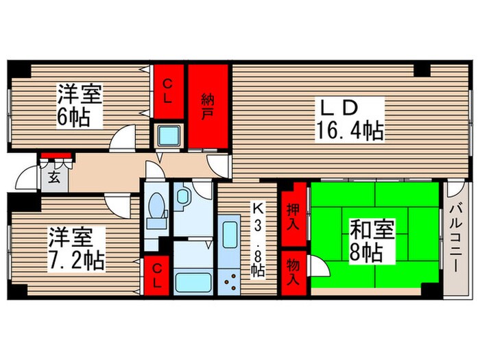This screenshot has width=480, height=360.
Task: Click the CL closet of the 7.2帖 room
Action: click(157, 277)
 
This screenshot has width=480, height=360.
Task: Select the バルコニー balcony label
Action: click(455, 237)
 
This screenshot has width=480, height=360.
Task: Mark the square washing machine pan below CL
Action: click(168, 136)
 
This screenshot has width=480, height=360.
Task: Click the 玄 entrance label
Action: click(53, 177)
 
